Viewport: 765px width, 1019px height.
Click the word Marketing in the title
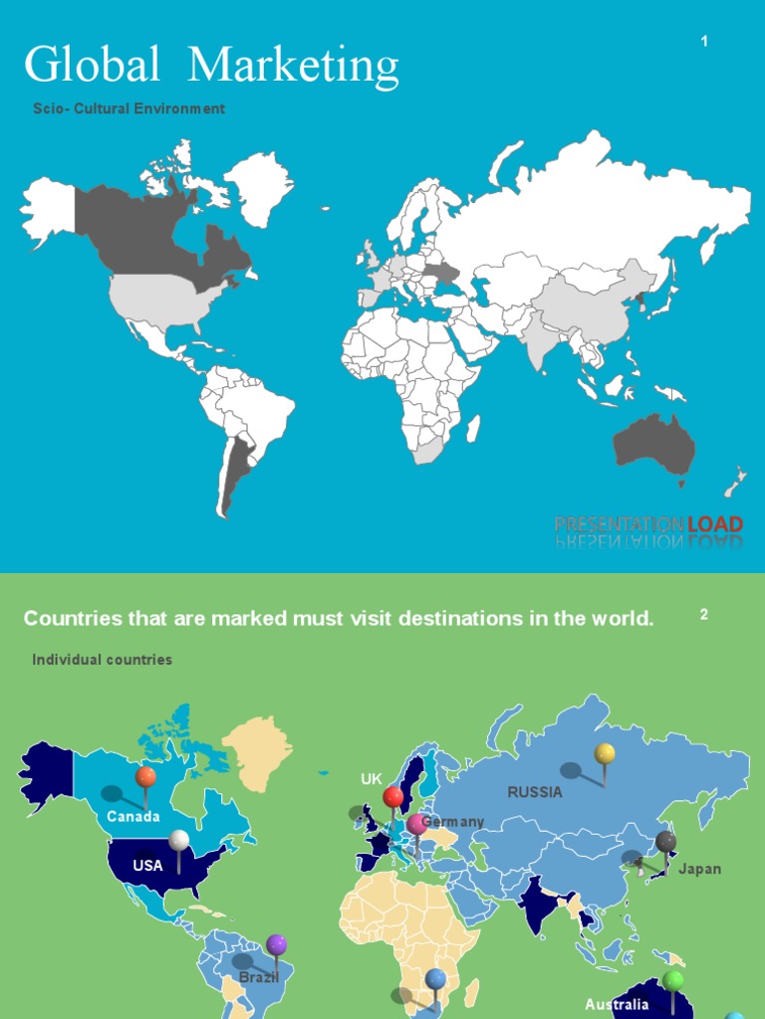tap(293, 66)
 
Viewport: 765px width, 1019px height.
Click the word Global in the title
tap(92, 66)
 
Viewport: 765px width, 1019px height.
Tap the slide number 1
tap(704, 41)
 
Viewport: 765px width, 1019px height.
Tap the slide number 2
tap(704, 614)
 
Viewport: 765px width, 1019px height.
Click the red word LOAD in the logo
tap(715, 523)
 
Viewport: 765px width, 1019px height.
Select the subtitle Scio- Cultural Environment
tap(128, 108)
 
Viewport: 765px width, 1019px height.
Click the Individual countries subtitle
tap(102, 660)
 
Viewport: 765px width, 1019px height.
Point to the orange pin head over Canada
tap(145, 775)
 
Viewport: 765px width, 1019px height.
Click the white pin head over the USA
tap(178, 840)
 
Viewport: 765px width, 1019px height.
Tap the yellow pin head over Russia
tap(605, 753)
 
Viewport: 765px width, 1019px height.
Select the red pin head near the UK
tap(393, 796)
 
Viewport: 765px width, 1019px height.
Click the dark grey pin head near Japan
tap(665, 842)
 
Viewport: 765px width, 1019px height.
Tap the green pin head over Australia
tap(673, 979)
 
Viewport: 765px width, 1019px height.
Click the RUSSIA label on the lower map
tap(535, 793)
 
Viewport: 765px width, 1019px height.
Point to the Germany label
tap(454, 822)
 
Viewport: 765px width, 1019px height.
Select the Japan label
tap(699, 869)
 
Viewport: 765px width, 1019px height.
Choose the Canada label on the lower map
tap(133, 817)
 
